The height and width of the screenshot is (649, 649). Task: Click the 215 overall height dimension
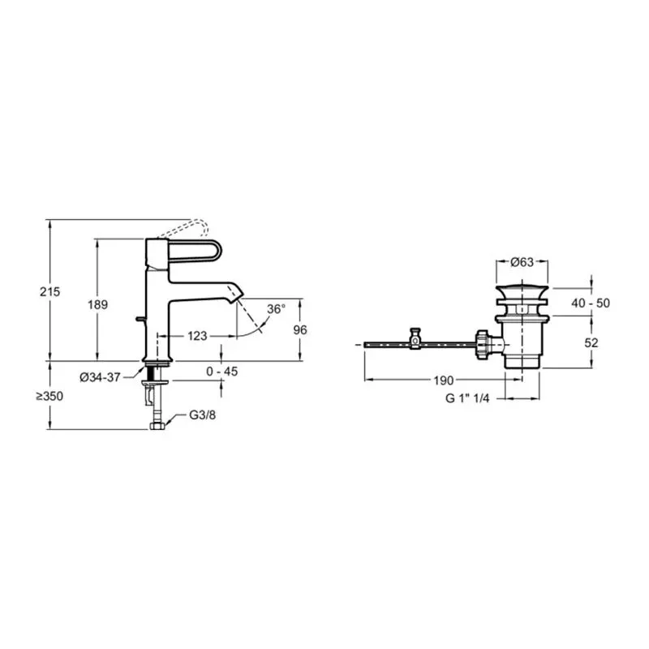pyautogui.click(x=50, y=292)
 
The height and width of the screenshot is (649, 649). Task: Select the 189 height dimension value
pyautogui.click(x=97, y=305)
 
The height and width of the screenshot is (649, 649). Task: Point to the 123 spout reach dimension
pyautogui.click(x=197, y=336)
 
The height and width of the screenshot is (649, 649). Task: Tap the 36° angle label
pyautogui.click(x=276, y=309)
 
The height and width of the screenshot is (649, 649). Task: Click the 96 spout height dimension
pyautogui.click(x=300, y=330)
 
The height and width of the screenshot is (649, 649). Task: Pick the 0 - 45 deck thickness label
pyautogui.click(x=222, y=372)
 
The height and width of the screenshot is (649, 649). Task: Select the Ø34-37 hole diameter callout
pyautogui.click(x=100, y=377)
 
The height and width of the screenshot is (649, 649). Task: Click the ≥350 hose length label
pyautogui.click(x=49, y=396)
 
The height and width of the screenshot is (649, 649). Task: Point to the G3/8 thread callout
pyautogui.click(x=202, y=415)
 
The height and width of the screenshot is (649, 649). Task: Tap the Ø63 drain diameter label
pyautogui.click(x=522, y=262)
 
